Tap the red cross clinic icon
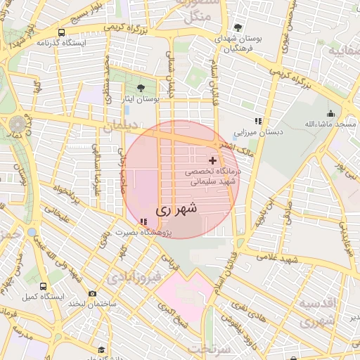click(213, 161)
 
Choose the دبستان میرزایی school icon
click(258, 121)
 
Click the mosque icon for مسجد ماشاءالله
click(330, 114)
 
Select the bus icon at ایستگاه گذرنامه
click(62, 32)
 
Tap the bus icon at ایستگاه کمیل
click(44, 287)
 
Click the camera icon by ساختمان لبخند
click(93, 293)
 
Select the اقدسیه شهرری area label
click(315, 311)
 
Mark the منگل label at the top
click(201, 18)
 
